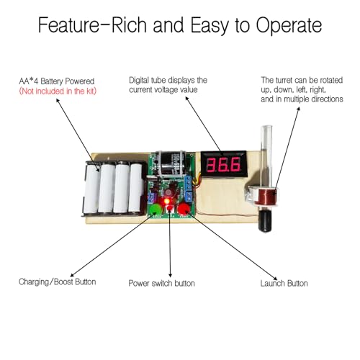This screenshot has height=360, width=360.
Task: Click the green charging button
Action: [x=156, y=210]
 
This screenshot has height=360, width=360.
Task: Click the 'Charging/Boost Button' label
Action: [x=57, y=282]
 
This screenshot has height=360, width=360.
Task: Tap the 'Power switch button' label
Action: [x=161, y=283]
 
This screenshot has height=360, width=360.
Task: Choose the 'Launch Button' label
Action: [x=284, y=283]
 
